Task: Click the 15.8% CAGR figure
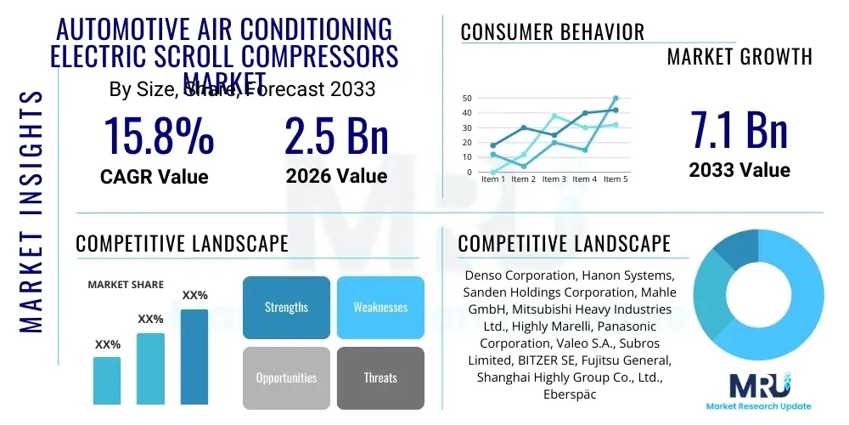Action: tap(159, 136)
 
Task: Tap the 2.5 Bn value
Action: tap(336, 136)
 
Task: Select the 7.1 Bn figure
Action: tap(739, 130)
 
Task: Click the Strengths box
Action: tap(286, 307)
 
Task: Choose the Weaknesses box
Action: tap(380, 307)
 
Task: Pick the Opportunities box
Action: tap(286, 377)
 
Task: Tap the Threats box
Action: tap(380, 377)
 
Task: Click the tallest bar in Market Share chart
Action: tap(194, 356)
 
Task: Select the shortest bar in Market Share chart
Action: tap(107, 380)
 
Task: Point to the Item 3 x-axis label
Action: tap(554, 179)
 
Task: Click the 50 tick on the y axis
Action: tap(467, 99)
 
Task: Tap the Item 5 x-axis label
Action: tap(615, 179)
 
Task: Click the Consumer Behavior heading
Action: tap(552, 32)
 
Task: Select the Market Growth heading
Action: tap(739, 57)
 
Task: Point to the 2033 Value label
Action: tap(739, 170)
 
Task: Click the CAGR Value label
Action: tap(154, 176)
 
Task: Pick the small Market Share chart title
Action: tap(126, 285)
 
